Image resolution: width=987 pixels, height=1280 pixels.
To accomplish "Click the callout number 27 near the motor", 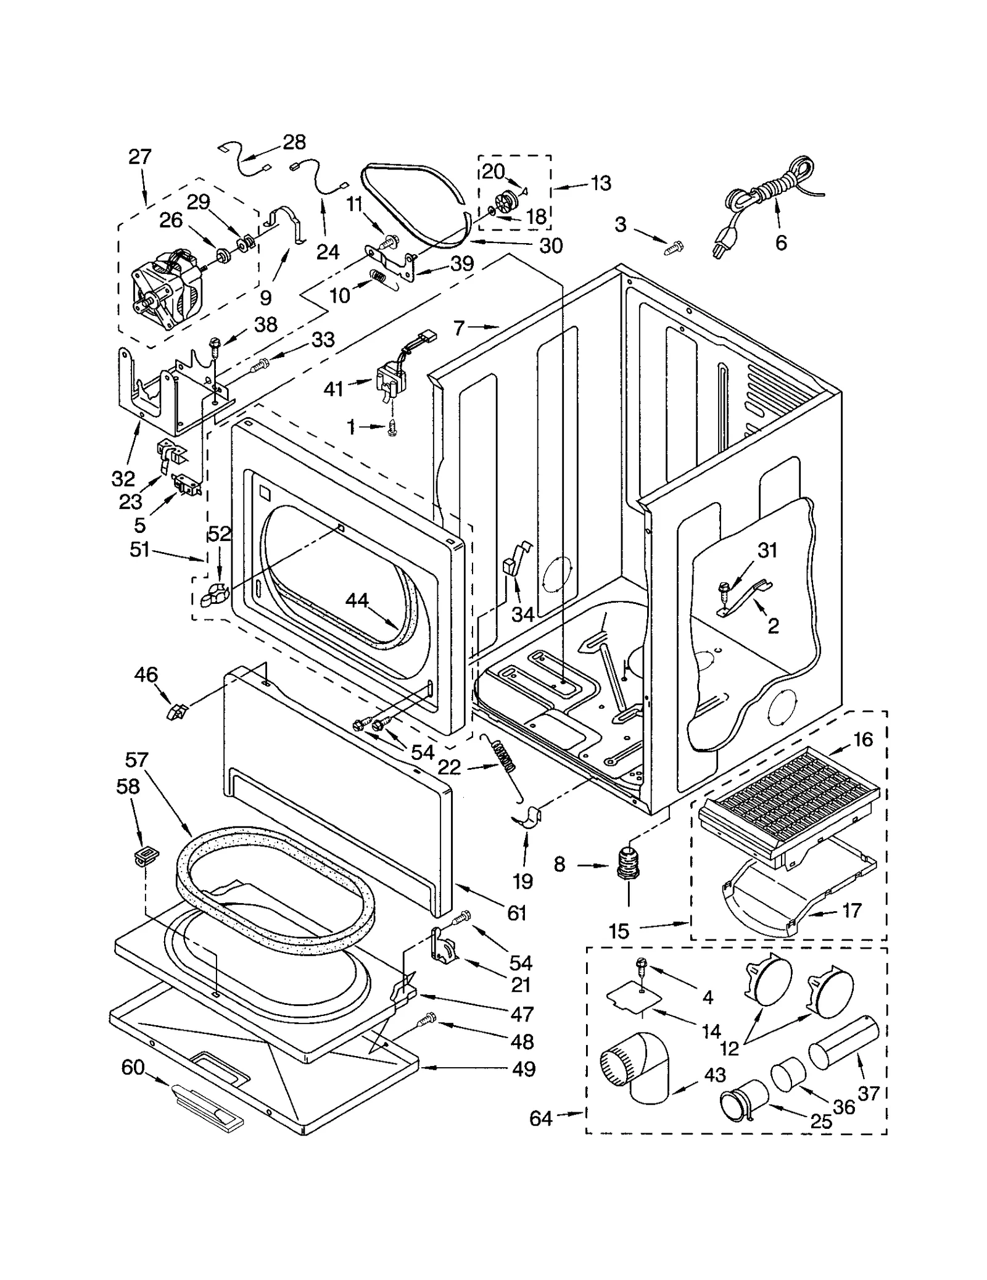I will click(139, 157).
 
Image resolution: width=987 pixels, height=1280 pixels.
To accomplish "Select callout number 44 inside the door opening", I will click(357, 600).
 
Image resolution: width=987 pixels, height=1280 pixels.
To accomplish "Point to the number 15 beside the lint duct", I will click(619, 931).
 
